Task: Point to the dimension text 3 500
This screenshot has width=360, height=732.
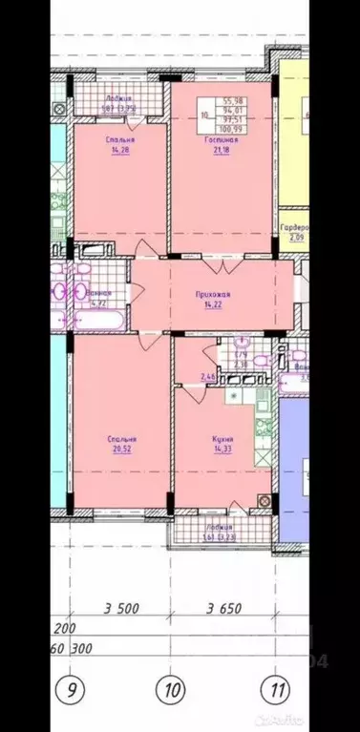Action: (x=121, y=608)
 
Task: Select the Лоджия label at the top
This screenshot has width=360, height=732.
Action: (x=119, y=98)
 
